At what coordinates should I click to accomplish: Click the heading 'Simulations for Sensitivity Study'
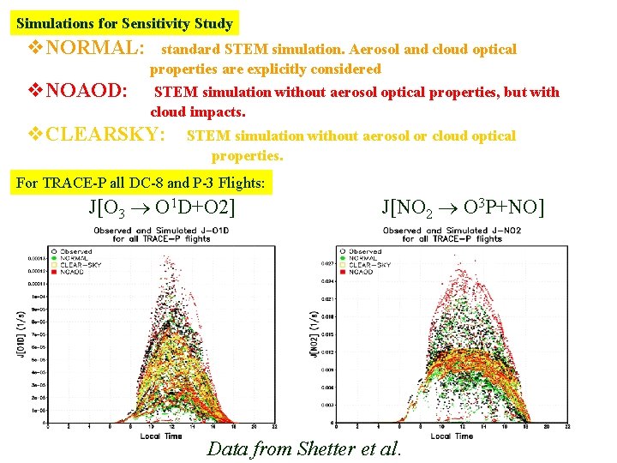point(124,23)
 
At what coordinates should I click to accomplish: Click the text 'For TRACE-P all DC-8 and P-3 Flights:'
point(142,183)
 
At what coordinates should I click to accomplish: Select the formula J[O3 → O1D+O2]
point(162,207)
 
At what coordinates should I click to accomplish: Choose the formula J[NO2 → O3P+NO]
point(463,207)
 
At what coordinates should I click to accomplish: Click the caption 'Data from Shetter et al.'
point(304,448)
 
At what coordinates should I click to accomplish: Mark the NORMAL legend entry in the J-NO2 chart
point(363,258)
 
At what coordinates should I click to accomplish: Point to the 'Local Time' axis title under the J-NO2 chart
point(452,436)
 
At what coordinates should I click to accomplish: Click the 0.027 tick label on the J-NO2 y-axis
point(327,262)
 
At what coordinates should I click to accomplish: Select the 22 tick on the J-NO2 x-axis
point(567,426)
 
